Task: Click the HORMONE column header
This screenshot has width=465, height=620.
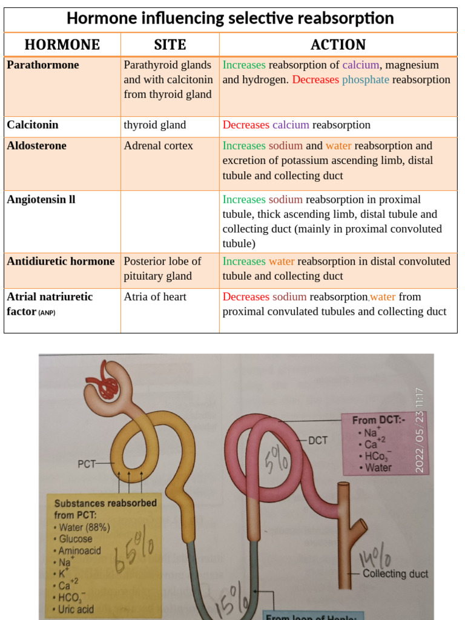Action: pos(62,45)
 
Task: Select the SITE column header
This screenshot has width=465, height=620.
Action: pos(170,45)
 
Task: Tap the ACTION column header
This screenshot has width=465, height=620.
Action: pos(338,45)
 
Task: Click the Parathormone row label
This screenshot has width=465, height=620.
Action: pos(42,65)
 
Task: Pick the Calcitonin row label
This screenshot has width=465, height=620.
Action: pos(33,125)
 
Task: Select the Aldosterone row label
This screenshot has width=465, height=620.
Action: pos(36,146)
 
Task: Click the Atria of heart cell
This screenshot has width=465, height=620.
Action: pos(155,297)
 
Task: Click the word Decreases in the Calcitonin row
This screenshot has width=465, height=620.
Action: pos(246,125)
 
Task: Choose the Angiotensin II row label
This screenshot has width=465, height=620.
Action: pos(41,200)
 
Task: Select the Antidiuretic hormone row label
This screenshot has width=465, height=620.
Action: pos(61,262)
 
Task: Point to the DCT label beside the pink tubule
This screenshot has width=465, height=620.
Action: pos(318,441)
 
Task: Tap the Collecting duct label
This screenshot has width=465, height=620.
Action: pos(395,574)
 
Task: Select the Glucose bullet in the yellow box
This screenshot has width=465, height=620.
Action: pos(75,539)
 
